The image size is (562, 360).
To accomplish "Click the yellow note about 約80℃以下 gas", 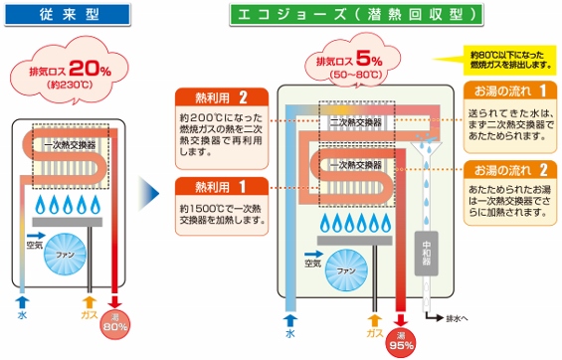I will point(508,58).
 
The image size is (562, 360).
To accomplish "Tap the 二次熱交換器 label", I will point(350,122).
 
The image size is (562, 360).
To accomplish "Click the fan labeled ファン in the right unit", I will point(345,271).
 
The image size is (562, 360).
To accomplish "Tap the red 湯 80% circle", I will point(117,322).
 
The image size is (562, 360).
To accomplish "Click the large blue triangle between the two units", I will point(149,190).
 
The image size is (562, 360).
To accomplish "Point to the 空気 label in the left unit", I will point(35,244).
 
